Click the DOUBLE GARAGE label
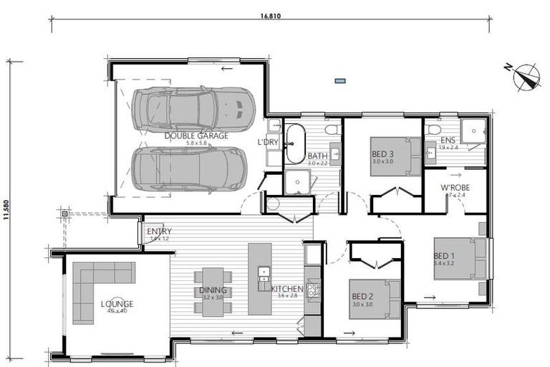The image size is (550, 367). point(196,135)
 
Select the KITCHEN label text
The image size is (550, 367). point(287,289)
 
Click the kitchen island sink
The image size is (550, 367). point(264,272)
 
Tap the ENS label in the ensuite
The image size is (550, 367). point(448,140)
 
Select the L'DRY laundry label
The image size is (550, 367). point(268,142)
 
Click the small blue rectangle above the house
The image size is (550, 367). point(341,81)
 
